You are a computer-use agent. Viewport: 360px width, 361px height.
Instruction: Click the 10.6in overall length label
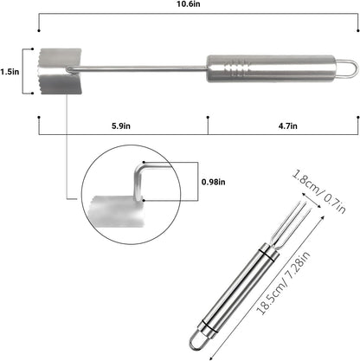(x=189, y=4)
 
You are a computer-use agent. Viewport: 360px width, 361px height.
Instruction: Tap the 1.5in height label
(x=10, y=72)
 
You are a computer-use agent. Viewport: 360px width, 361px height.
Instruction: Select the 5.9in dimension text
(x=121, y=126)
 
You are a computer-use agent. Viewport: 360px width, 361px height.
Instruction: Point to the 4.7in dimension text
(x=288, y=126)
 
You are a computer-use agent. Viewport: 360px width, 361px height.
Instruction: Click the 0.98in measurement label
(x=214, y=182)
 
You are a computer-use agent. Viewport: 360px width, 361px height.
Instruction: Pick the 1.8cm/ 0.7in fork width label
(x=319, y=191)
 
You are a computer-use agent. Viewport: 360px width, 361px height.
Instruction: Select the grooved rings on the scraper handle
(x=236, y=68)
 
